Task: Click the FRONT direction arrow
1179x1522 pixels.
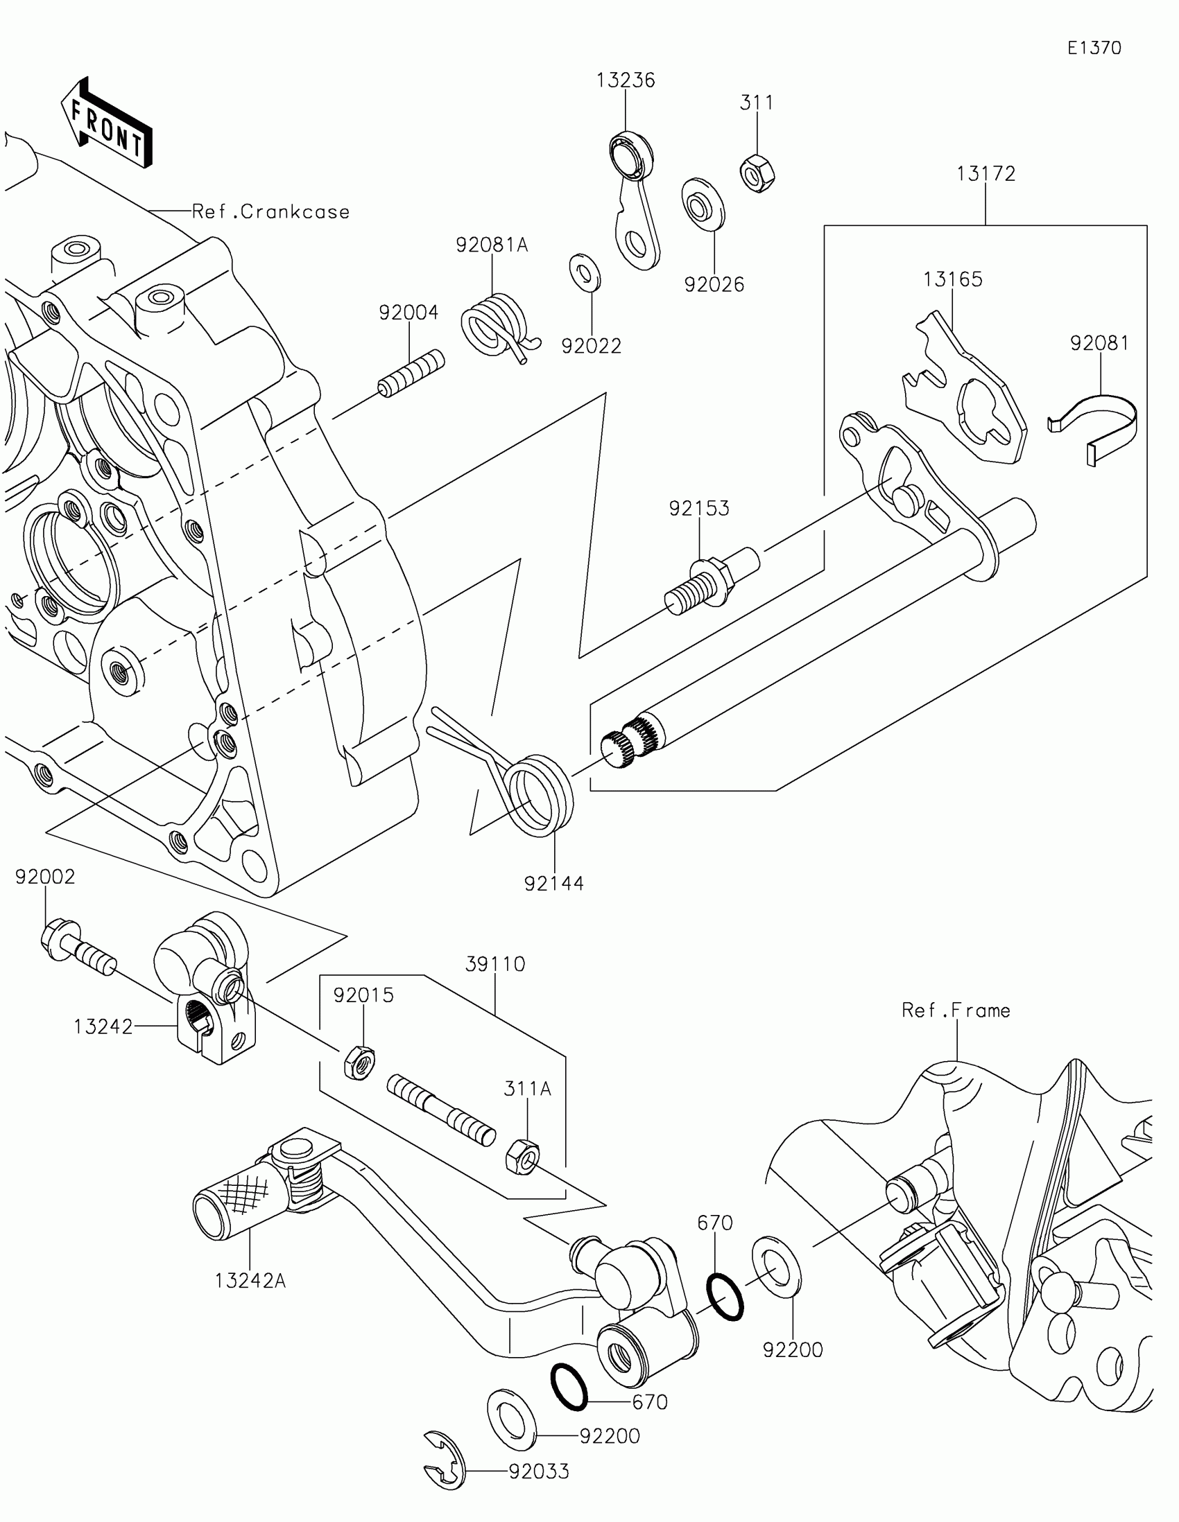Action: pyautogui.click(x=107, y=123)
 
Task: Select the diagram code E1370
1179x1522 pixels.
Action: pyautogui.click(x=1094, y=48)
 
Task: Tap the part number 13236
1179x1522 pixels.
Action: pyautogui.click(x=626, y=80)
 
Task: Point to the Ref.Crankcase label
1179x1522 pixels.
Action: pyautogui.click(x=270, y=212)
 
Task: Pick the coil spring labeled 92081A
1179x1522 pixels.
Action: pyautogui.click(x=499, y=327)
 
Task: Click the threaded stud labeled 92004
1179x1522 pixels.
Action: pyautogui.click(x=411, y=374)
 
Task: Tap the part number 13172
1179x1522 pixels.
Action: pyautogui.click(x=986, y=173)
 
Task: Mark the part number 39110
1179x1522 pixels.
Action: pyautogui.click(x=495, y=965)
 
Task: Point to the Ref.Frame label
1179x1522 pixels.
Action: pyautogui.click(x=956, y=1011)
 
